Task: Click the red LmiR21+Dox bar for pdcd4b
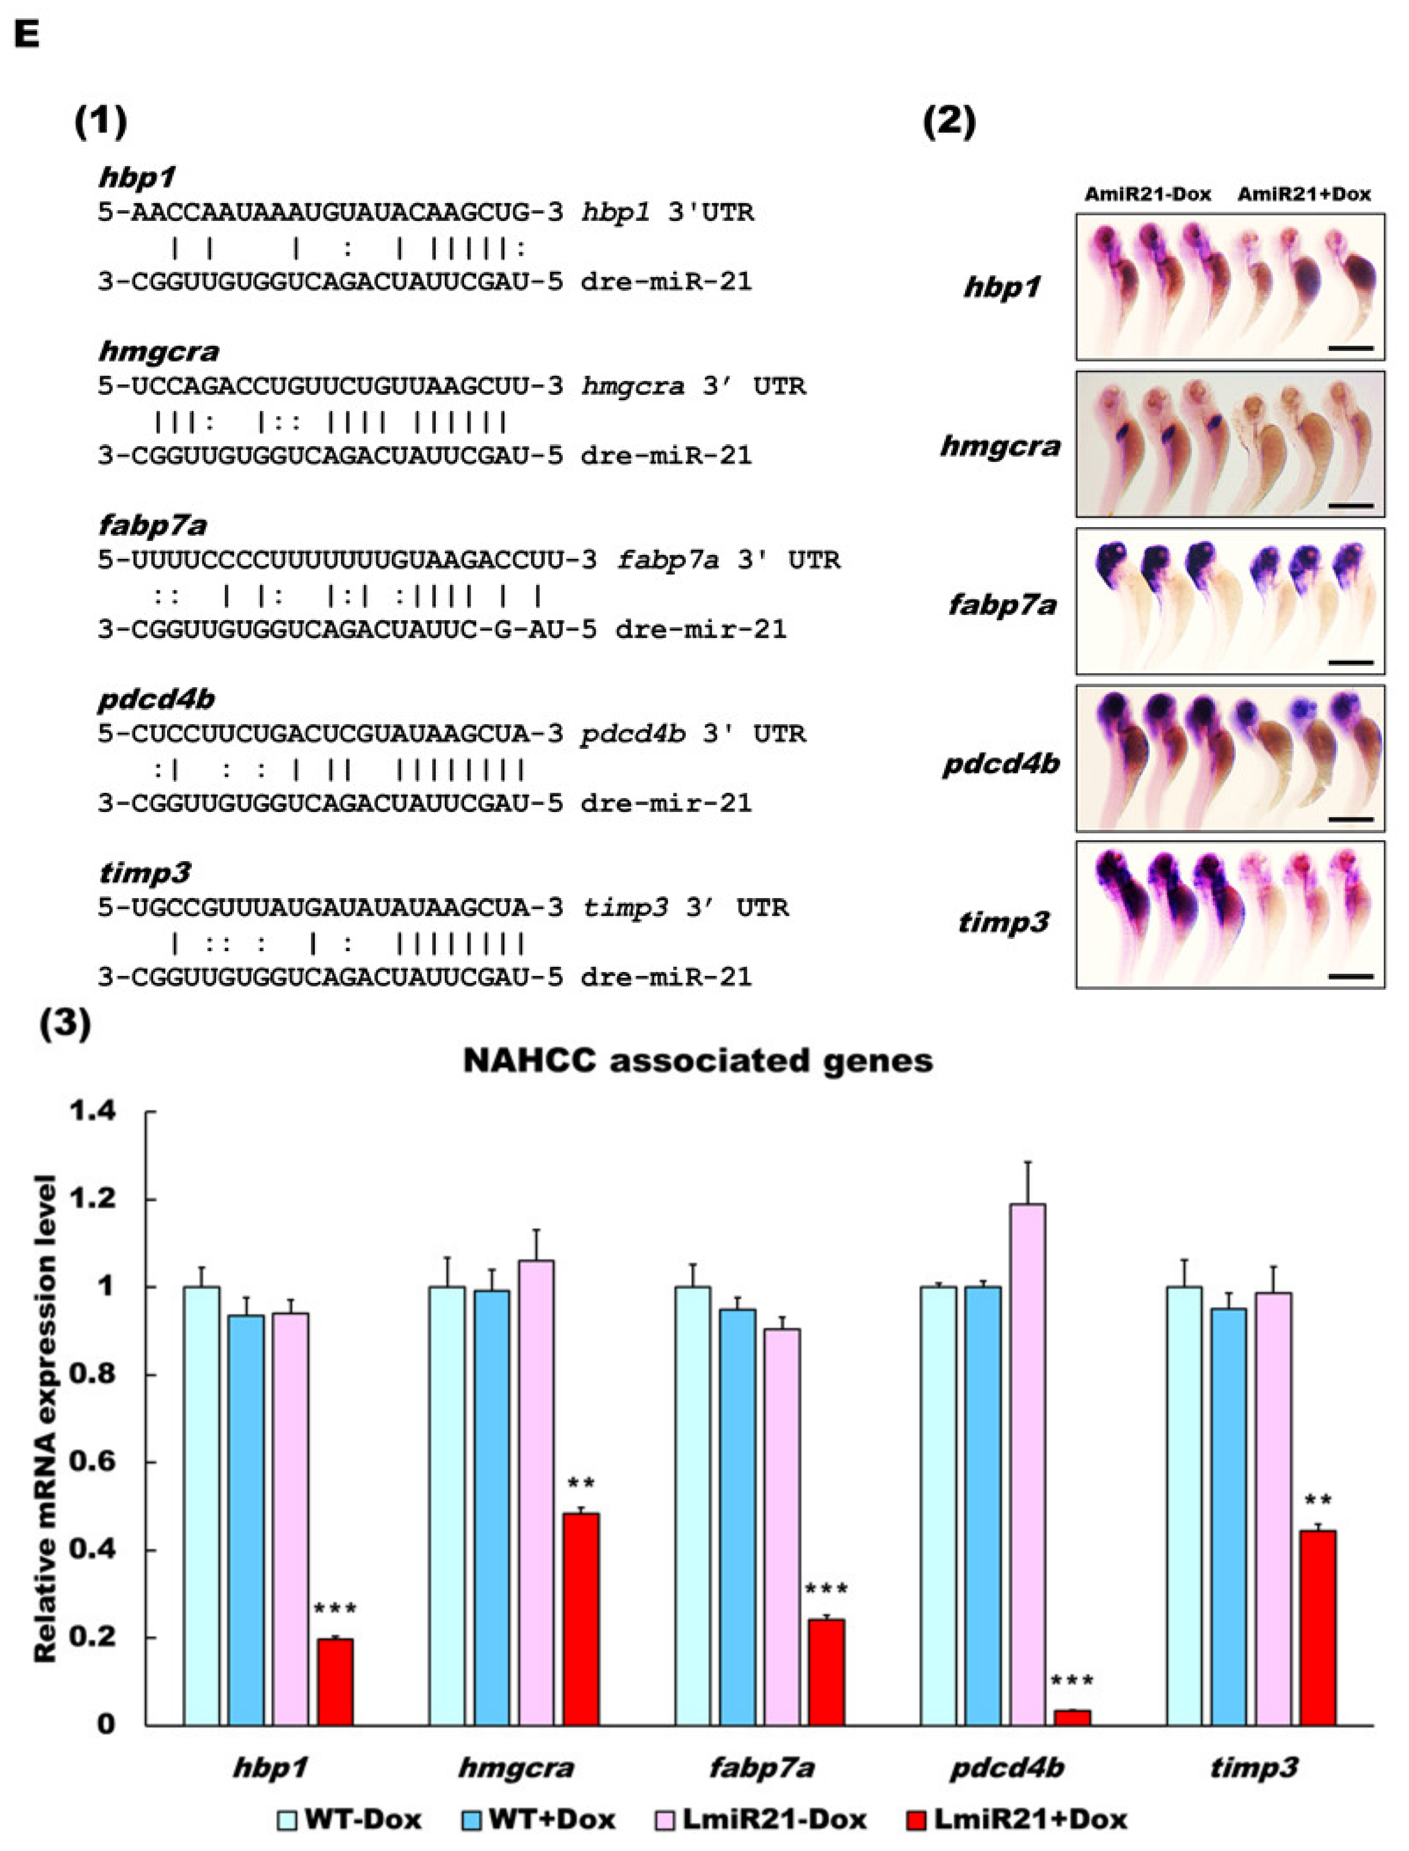click(1072, 1717)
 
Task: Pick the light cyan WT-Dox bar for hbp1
click(201, 1505)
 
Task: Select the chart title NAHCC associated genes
click(698, 1061)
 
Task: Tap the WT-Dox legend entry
click(350, 1819)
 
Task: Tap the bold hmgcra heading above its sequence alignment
click(158, 351)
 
